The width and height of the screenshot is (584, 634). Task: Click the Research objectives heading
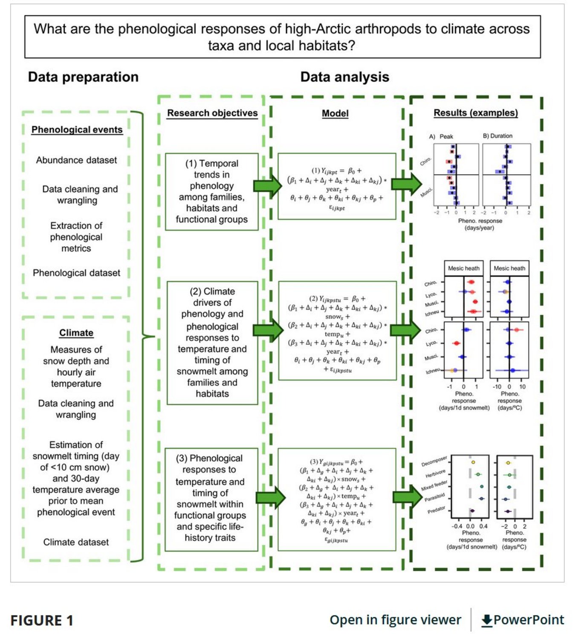click(212, 113)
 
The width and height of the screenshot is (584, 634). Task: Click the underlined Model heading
click(335, 113)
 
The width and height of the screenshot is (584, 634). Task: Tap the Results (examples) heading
click(476, 113)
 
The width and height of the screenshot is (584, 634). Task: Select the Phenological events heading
click(77, 130)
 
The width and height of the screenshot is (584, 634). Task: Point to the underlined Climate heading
click(76, 333)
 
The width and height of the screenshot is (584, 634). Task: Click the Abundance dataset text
click(76, 160)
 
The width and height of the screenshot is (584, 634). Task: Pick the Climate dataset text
click(76, 542)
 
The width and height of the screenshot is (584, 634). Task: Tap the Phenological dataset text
click(76, 273)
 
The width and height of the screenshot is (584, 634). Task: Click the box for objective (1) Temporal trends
click(212, 192)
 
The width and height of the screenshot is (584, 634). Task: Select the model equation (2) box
click(337, 330)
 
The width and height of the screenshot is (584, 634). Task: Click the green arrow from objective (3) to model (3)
click(271, 497)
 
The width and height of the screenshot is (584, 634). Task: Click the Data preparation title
click(83, 77)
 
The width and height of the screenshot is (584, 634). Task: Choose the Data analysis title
click(344, 77)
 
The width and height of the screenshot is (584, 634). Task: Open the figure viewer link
click(395, 620)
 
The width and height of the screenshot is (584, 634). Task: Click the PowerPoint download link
click(523, 620)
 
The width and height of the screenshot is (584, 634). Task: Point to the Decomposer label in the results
click(434, 461)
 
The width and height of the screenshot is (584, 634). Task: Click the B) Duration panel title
click(497, 136)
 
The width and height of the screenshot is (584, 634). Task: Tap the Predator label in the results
click(437, 510)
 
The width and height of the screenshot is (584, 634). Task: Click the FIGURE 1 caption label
click(42, 621)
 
